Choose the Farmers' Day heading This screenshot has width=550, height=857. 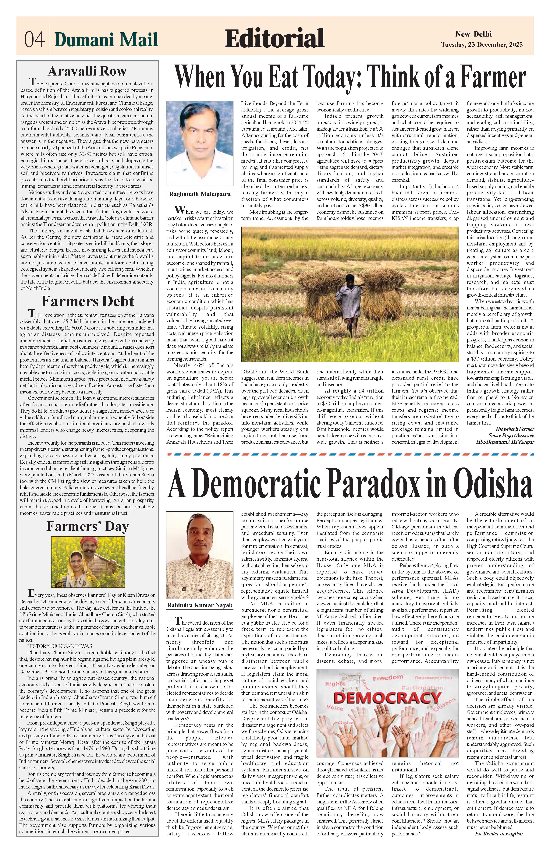(x=87, y=527)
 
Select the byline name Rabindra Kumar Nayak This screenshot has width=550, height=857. (x=200, y=605)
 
